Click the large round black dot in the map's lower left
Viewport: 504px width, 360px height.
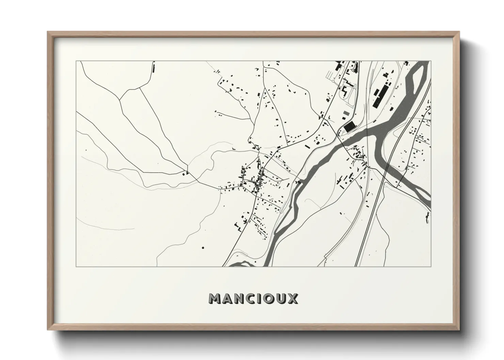(x=203, y=248)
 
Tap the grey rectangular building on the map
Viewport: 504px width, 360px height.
(x=346, y=113)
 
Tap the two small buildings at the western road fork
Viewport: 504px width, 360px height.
(x=186, y=174)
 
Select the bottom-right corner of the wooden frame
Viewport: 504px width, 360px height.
(x=459, y=329)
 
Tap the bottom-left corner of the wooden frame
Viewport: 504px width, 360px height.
(x=48, y=329)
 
